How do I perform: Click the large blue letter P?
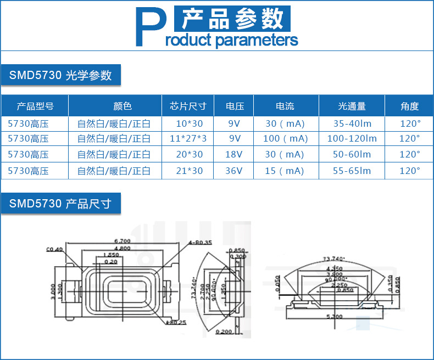tap(148, 27)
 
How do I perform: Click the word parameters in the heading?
tap(256, 40)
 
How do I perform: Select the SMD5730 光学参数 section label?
tap(60, 75)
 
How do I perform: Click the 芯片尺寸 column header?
tap(188, 106)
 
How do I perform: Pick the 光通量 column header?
tap(352, 106)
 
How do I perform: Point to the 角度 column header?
tap(409, 106)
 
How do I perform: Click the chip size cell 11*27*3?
tap(188, 138)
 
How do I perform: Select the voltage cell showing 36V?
tap(234, 171)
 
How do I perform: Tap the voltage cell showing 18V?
tap(234, 155)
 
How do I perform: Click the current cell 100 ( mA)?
tap(286, 138)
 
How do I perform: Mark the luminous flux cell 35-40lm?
tap(352, 123)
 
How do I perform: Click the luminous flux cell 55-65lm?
tap(352, 171)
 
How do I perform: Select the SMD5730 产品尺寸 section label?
tap(60, 204)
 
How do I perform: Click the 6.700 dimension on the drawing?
tap(121, 241)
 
